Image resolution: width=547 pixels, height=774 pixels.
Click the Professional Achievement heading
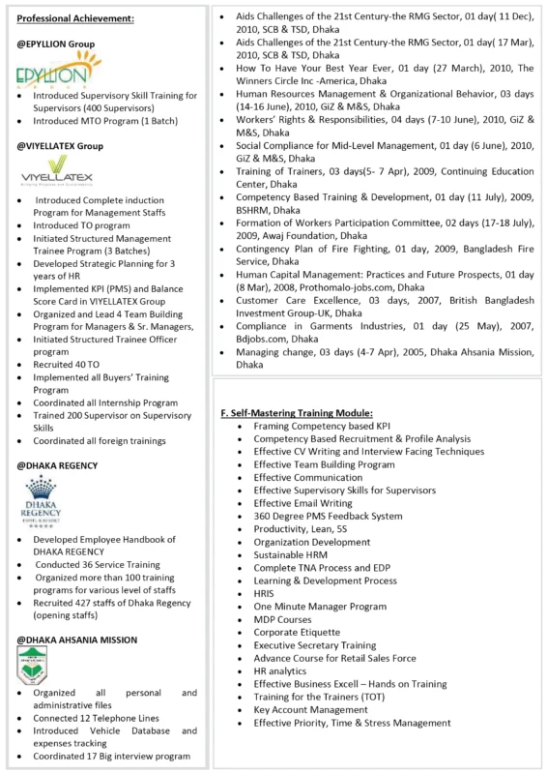75,18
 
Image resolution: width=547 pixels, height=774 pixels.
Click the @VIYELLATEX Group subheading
60,146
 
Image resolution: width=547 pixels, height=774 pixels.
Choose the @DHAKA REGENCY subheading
57,465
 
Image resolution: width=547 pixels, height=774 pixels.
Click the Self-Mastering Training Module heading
303,413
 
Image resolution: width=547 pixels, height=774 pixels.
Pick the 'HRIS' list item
266,593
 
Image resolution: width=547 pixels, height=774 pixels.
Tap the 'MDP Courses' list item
282,619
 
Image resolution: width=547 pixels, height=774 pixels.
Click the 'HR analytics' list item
279,670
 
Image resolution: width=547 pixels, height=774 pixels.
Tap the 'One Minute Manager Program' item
319,606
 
